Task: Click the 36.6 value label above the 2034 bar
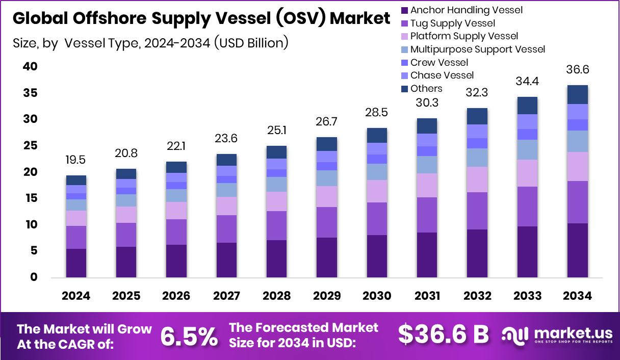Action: [578, 70]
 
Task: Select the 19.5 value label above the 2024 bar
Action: [76, 160]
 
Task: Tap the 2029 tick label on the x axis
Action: [326, 296]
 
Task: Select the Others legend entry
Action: [426, 89]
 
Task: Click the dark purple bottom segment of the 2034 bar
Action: [578, 250]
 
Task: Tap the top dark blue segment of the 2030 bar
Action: [376, 135]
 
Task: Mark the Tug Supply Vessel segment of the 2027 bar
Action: [226, 229]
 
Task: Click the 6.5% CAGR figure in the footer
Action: [189, 336]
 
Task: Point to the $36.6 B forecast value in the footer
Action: [443, 335]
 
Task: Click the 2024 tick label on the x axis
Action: [76, 296]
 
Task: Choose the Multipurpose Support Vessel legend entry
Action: [477, 49]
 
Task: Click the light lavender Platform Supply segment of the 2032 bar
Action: [477, 179]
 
